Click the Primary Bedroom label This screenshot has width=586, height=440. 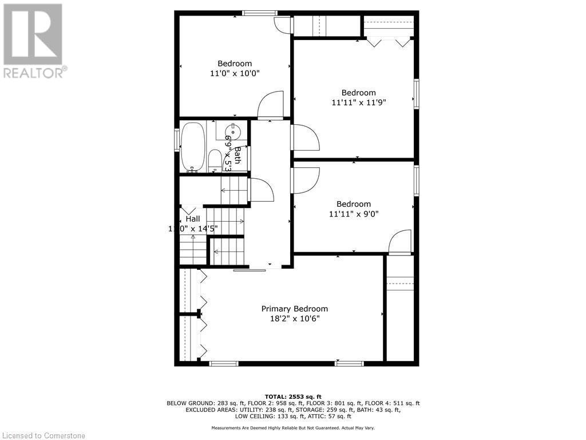295,309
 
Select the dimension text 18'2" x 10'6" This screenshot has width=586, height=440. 295,319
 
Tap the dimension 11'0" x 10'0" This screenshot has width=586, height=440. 235,73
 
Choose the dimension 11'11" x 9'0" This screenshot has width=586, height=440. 354,214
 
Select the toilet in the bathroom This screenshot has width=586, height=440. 215,160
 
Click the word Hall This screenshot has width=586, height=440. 193,219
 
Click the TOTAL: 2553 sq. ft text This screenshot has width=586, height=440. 293,396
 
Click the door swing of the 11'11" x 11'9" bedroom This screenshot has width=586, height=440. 306,137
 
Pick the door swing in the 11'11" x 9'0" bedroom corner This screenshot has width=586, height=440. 400,241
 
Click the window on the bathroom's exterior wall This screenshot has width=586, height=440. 177,140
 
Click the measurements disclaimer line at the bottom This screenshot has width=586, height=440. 293,428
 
